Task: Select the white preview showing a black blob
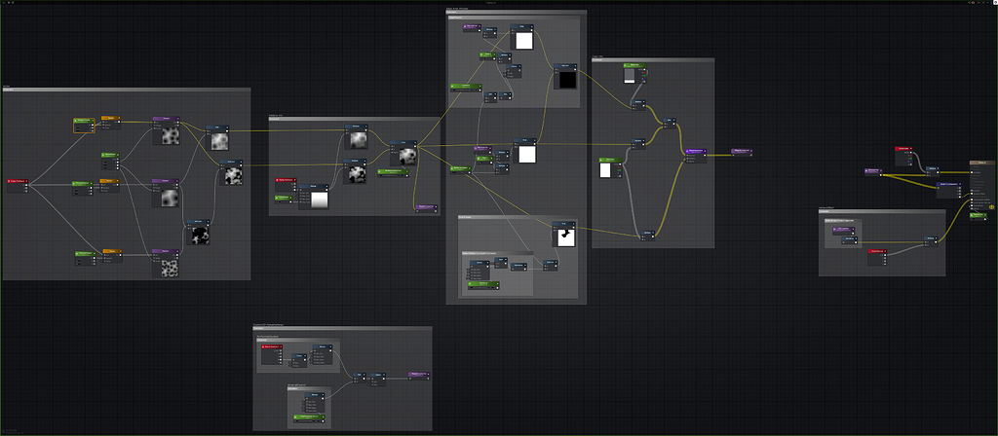[x=565, y=236]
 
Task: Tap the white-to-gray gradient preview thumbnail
[x=317, y=199]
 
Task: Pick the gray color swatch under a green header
[x=633, y=75]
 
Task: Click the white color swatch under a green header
[x=605, y=170]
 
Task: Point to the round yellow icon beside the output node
[x=991, y=206]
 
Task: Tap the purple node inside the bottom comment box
[x=418, y=373]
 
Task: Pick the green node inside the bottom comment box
[x=308, y=417]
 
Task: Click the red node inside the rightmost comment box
[x=877, y=252]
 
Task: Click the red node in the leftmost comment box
[x=17, y=181]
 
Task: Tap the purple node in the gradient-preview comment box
[x=425, y=207]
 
